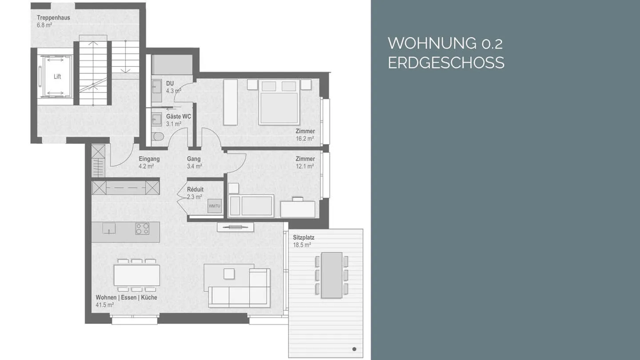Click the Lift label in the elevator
point(57,76)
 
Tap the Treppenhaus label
point(53,18)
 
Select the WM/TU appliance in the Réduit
point(215,206)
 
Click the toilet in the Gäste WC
point(157,136)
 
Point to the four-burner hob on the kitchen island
point(142,228)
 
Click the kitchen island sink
point(109,228)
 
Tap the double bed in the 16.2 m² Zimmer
point(279,102)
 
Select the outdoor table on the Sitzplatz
point(332,275)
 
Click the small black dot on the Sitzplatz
point(354,349)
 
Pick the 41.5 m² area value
point(105,305)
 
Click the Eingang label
point(149,159)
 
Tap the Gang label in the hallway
point(194,159)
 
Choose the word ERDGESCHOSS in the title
point(446,63)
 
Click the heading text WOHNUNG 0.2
point(445,44)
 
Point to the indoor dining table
point(137,275)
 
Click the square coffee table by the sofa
point(229,274)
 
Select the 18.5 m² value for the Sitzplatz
point(302,245)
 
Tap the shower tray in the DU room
point(172,65)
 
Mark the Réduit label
point(195,189)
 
